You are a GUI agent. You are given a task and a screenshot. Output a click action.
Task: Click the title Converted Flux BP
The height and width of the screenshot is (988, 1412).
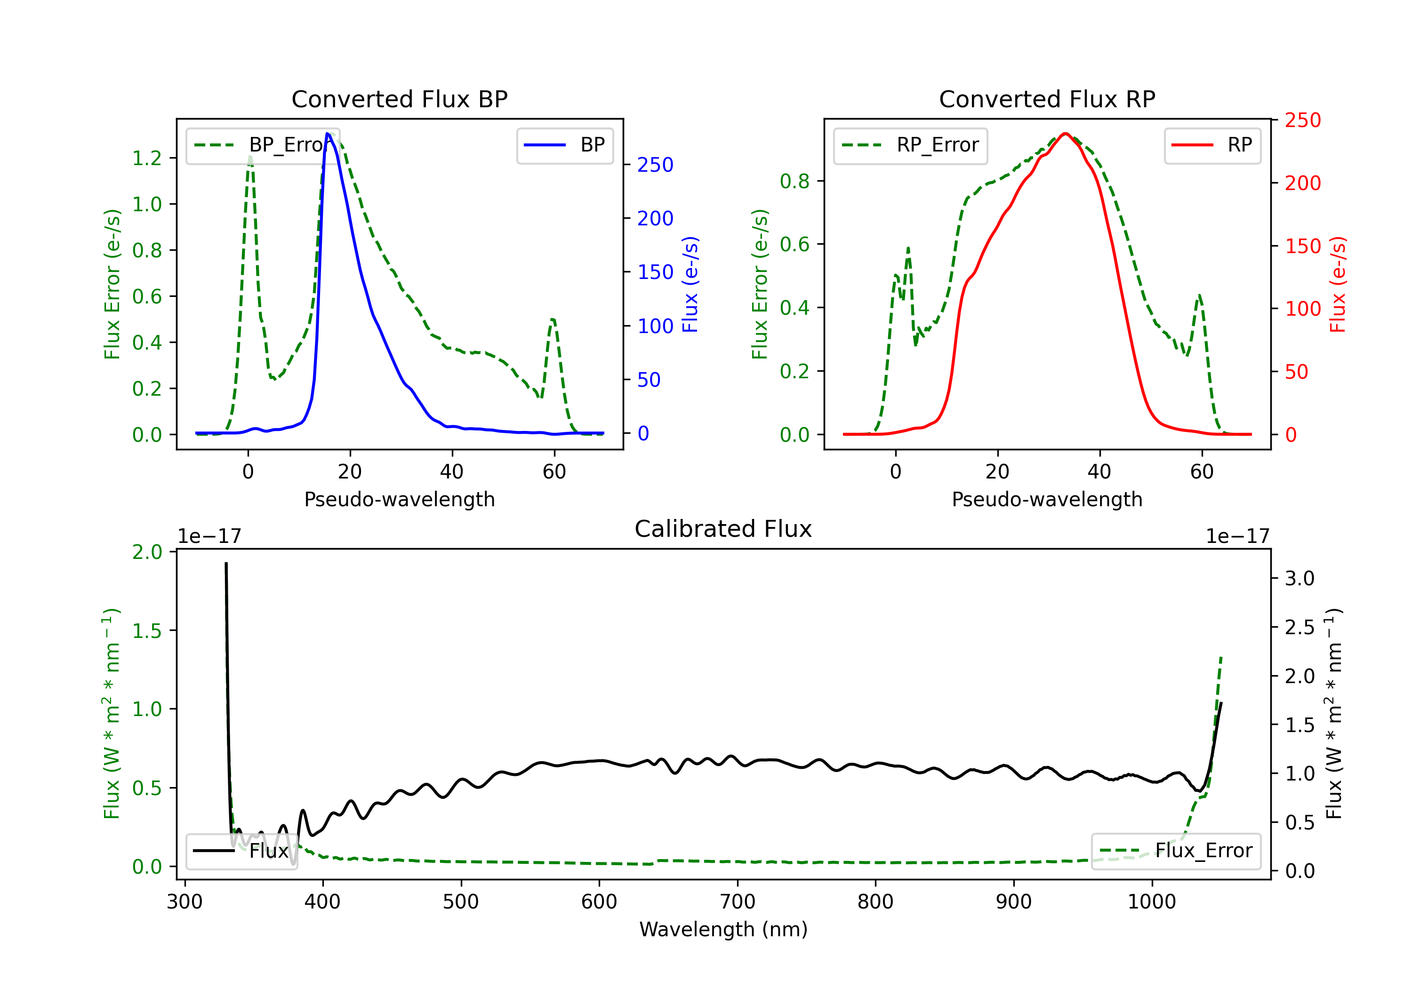[x=399, y=99]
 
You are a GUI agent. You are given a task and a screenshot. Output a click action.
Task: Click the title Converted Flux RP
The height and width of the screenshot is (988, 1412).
[x=1047, y=99]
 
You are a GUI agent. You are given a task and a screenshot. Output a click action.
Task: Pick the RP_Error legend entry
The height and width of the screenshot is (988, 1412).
[x=910, y=145]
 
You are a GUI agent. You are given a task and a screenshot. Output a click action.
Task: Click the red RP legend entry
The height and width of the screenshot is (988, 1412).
[x=1212, y=145]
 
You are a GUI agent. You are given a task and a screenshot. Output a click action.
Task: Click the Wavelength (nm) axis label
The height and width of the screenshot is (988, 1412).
[x=723, y=929]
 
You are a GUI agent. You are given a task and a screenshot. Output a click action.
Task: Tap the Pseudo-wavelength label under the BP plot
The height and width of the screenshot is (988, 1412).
[x=399, y=499]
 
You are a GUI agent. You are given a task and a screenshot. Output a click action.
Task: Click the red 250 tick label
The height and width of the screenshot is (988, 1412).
[x=1302, y=120]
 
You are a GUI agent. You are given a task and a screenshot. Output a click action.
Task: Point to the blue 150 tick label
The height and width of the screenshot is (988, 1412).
[x=655, y=272]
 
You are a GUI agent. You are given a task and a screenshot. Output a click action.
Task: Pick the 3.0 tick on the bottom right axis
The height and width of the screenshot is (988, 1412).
[x=1300, y=579]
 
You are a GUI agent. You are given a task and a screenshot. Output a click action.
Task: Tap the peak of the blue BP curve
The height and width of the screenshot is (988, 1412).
[x=328, y=134]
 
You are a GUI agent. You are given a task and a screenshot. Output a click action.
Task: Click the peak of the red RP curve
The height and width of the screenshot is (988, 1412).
[x=1065, y=134]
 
